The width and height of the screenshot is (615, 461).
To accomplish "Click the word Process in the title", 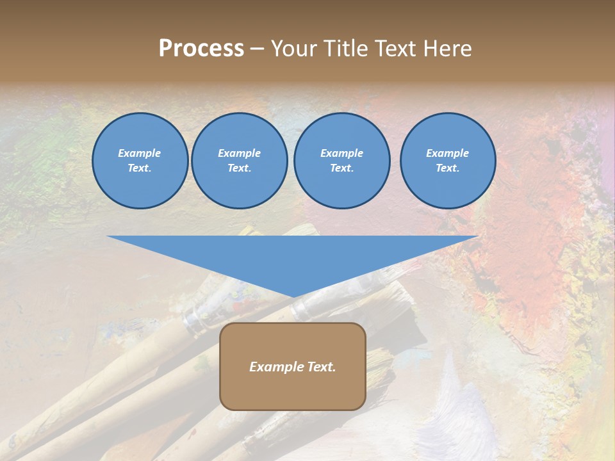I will pos(201,49).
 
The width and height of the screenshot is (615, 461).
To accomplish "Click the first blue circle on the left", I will pos(140,161).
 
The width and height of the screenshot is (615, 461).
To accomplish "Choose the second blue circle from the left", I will pos(240,161).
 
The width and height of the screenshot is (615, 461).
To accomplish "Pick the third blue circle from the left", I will pos(341,161).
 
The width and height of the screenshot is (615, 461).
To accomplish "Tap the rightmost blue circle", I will pos(448,161).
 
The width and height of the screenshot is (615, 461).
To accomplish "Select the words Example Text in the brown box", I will pos(293,367).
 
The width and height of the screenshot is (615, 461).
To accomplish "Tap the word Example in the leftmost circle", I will pos(140,153).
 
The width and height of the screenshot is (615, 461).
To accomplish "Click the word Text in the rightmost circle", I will pos(448,168).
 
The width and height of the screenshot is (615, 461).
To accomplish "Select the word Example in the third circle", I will pos(341,153).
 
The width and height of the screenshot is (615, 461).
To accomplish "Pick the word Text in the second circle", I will pos(240,168).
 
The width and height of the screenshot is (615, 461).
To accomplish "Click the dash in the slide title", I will pos(258,49).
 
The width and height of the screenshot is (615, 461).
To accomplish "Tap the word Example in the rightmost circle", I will pos(448,153).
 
